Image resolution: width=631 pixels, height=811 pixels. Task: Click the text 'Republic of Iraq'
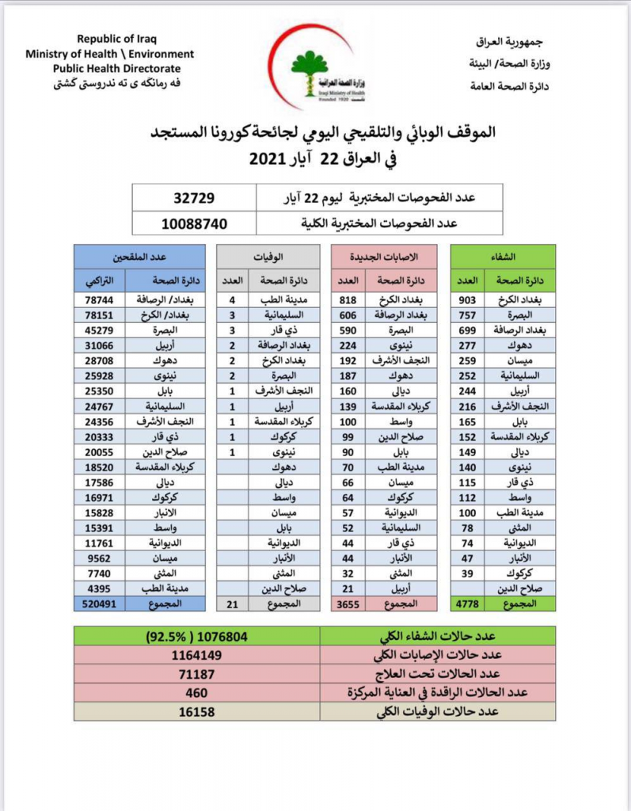109,40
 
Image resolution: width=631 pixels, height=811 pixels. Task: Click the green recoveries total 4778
466,603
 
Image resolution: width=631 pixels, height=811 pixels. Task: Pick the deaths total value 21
232,603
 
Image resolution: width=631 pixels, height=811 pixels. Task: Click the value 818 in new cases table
346,301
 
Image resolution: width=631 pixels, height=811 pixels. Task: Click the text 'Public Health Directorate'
109,68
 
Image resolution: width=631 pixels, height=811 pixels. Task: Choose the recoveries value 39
466,573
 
